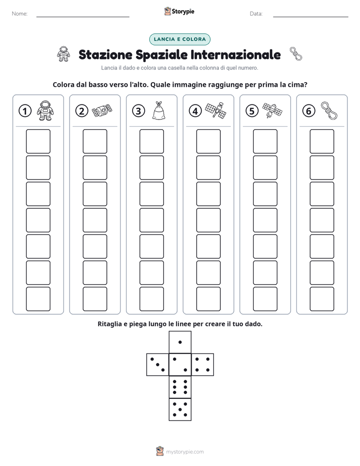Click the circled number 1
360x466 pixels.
coord(25,111)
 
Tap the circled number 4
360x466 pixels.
coord(195,111)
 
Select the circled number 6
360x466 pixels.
coord(309,111)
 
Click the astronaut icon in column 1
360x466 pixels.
coord(45,110)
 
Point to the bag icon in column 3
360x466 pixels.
coord(159,110)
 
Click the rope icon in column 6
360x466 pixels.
coord(329,110)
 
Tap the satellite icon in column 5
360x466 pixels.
coord(272,110)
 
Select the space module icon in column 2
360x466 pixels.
coord(102,111)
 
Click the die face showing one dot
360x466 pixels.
coord(180,342)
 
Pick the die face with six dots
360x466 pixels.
coord(180,387)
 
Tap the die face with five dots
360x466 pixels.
coord(180,410)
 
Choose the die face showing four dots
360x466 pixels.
coord(203,365)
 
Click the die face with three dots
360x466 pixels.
coord(158,365)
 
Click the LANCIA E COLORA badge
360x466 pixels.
coord(179,39)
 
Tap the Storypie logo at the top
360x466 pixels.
coord(179,12)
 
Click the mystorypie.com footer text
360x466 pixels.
coord(185,452)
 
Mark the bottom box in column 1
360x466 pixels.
coord(38,299)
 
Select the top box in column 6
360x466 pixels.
coord(322,141)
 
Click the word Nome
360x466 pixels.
coord(20,14)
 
